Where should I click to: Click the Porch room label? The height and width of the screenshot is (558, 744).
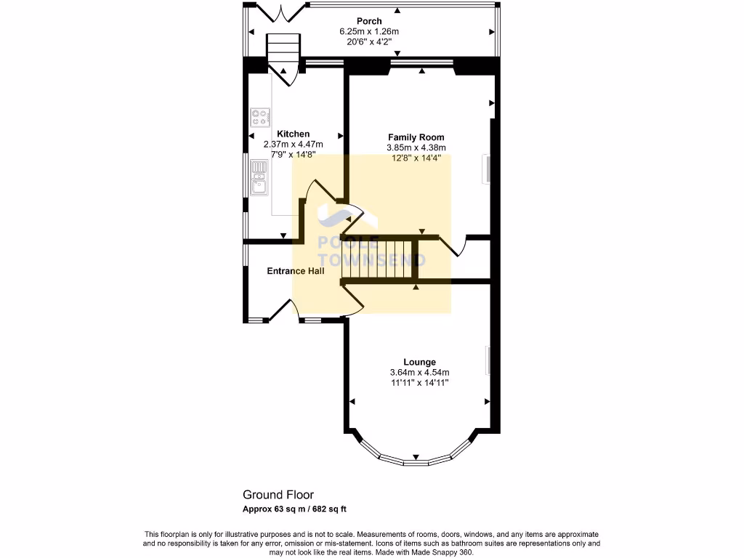pos(369,21)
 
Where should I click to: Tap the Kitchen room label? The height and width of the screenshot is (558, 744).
pos(294,134)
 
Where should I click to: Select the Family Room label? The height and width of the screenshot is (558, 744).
pos(416,137)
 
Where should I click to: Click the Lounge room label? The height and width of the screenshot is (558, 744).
pos(420,362)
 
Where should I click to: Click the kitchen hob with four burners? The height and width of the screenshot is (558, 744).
pos(260,116)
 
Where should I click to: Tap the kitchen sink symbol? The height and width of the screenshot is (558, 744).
pos(259,178)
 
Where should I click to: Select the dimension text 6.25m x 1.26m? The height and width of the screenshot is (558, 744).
pos(369,31)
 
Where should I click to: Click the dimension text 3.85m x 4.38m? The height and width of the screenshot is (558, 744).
pos(416,147)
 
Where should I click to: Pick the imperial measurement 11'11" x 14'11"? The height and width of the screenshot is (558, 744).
pos(420,383)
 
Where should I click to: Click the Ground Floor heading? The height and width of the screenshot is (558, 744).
pos(278,495)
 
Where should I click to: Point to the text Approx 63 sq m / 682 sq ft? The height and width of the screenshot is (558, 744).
pos(299,509)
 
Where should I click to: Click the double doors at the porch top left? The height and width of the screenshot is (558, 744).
pos(275,12)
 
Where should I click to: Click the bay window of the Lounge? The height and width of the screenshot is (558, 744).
pos(415,454)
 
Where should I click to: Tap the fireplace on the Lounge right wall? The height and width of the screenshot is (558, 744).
pos(488,360)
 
